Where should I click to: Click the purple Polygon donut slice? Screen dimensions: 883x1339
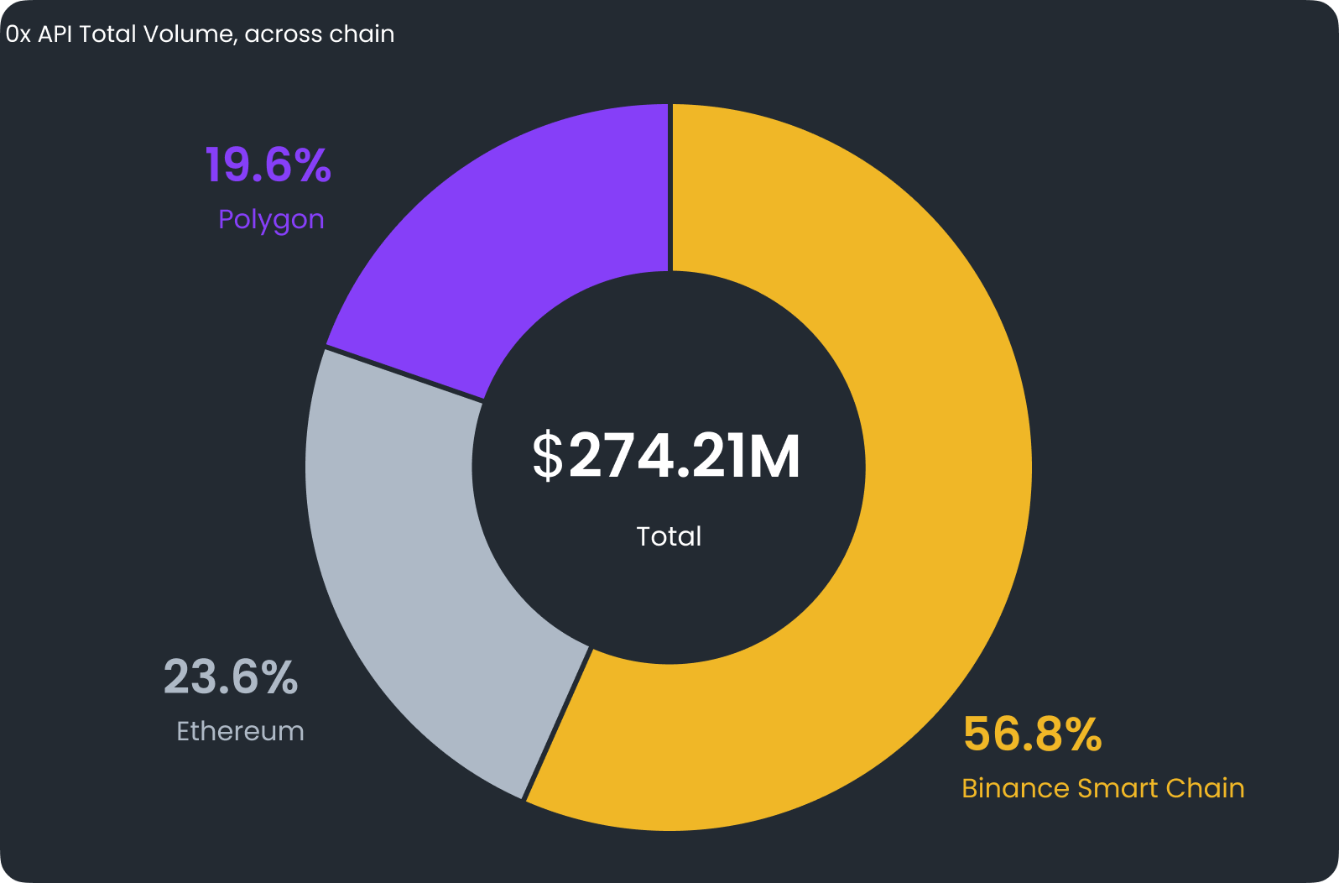click(520, 252)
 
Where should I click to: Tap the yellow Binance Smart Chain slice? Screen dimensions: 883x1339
click(923, 504)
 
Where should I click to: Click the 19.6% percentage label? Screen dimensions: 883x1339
click(268, 165)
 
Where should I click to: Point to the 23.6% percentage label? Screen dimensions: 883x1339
click(231, 677)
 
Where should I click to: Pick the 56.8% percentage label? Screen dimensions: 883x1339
click(1032, 734)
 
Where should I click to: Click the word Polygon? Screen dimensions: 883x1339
click(271, 220)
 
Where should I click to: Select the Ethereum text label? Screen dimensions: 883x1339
click(240, 731)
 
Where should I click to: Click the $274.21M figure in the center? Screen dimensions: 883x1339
click(668, 457)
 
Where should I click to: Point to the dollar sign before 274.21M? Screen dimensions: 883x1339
click(548, 457)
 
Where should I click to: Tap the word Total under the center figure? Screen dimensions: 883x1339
click(669, 536)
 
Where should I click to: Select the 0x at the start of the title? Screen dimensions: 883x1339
click(18, 34)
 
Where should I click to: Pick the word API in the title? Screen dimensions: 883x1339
click(55, 34)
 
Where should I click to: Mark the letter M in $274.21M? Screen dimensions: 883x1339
click(774, 457)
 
